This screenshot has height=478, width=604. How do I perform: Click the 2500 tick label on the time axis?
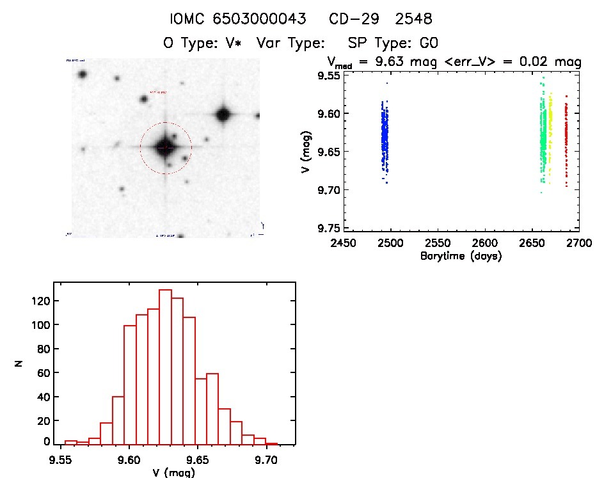tap(390, 244)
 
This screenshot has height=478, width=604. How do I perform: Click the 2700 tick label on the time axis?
tap(579, 244)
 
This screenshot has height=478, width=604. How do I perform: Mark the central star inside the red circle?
tap(165, 147)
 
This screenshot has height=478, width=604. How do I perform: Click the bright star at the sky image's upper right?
tap(223, 115)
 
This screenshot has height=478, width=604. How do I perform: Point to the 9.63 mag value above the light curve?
tap(395, 63)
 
